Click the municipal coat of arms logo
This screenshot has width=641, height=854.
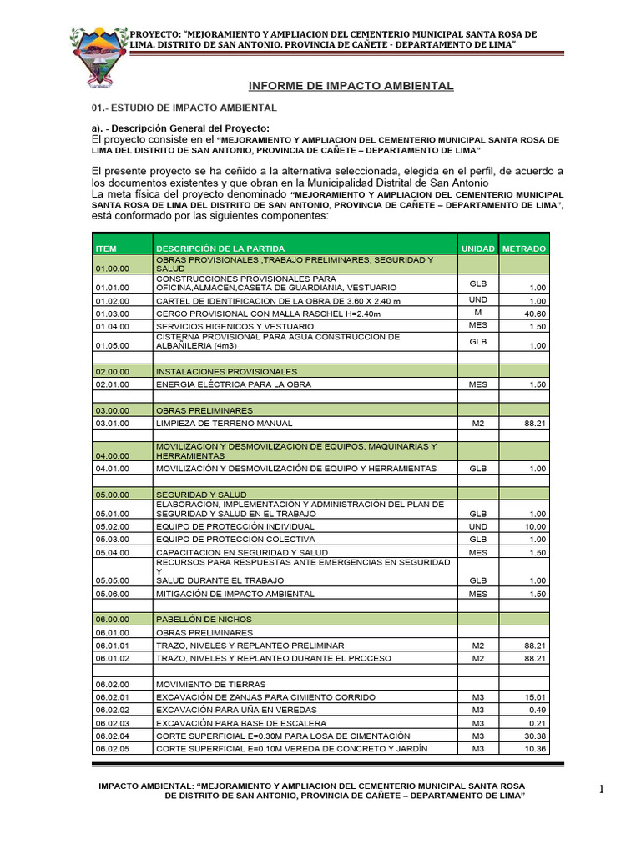pyautogui.click(x=98, y=57)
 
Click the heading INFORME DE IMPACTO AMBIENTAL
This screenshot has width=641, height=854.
pyautogui.click(x=351, y=86)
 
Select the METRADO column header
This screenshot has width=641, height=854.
pyautogui.click(x=524, y=249)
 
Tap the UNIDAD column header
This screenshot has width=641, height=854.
pyautogui.click(x=478, y=249)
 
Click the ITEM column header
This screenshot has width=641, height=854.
pyautogui.click(x=106, y=249)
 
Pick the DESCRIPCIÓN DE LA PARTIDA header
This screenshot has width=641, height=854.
pyautogui.click(x=220, y=249)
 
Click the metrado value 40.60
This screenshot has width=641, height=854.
pyautogui.click(x=535, y=314)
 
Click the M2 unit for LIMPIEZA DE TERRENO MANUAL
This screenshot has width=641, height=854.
pyautogui.click(x=478, y=424)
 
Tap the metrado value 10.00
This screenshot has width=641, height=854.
pyautogui.click(x=535, y=527)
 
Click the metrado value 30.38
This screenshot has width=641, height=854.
pyautogui.click(x=535, y=736)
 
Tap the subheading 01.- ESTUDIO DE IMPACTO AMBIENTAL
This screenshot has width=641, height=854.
pyautogui.click(x=184, y=108)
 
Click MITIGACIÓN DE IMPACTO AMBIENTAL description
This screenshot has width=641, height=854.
pyautogui.click(x=235, y=594)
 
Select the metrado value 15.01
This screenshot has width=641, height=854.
pyautogui.click(x=535, y=696)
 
